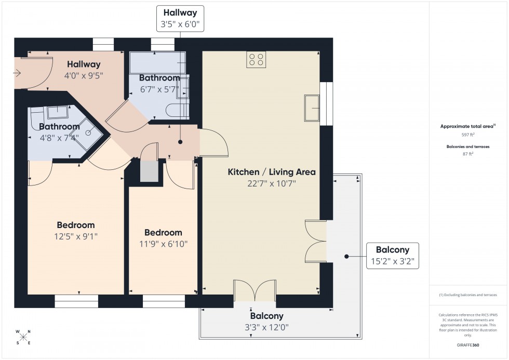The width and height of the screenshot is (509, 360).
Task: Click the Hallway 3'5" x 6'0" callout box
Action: click(180, 18)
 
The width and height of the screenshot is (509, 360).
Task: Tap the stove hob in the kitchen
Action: click(256, 60)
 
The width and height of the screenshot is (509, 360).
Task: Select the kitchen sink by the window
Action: click(312, 108)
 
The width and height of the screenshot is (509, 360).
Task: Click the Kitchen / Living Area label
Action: click(272, 172)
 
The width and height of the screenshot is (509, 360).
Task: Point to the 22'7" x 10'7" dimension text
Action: click(272, 183)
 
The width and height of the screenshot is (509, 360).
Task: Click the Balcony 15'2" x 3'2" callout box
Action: click(392, 255)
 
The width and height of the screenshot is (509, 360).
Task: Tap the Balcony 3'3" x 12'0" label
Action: click(267, 322)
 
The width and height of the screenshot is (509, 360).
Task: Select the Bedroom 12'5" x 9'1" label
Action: click(76, 231)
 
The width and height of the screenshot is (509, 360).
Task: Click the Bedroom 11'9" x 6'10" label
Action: click(163, 238)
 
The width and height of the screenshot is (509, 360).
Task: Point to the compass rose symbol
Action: click(23, 337)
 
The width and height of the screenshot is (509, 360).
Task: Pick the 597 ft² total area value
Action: click(468, 134)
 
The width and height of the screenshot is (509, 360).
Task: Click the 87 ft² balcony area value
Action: click(468, 154)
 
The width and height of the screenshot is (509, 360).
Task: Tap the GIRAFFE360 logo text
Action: click(468, 344)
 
